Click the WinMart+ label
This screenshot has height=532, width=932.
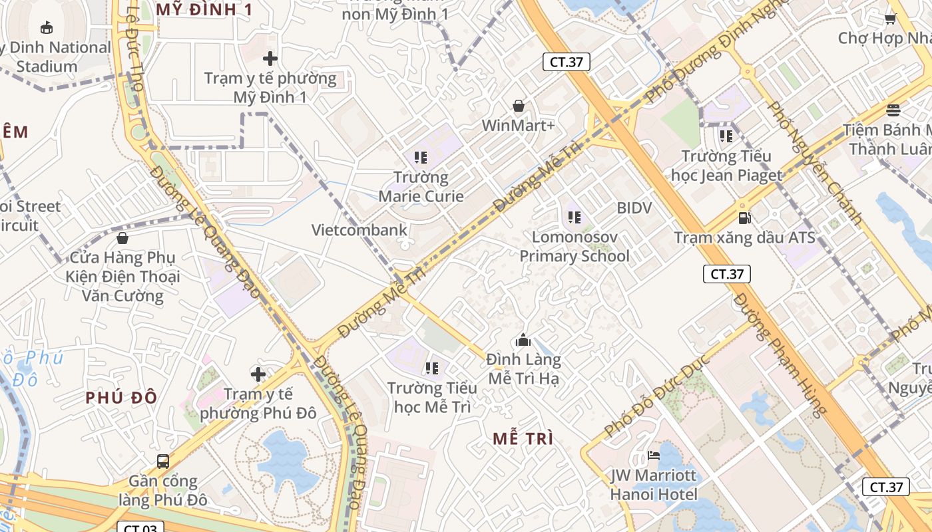pos(518,125)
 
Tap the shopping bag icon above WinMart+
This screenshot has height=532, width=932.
pos(519,106)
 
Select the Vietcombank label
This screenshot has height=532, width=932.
pos(359,230)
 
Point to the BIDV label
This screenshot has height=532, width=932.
pos(634,207)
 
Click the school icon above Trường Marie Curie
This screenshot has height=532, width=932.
pos(421,158)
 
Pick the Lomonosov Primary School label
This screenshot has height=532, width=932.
pos(574,246)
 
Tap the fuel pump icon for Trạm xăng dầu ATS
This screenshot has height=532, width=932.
pos(744,217)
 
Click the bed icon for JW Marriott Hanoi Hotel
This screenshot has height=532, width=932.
pos(654,456)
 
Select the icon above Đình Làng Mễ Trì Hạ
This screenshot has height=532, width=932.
pos(523,340)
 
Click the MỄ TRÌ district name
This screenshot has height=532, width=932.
pos(523,438)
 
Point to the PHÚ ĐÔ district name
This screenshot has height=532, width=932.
pos(121,398)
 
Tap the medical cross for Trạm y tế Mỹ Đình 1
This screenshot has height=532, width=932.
pos(270,59)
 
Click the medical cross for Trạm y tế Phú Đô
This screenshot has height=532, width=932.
pos(258,374)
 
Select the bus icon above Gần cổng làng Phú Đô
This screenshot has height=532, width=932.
pos(162,461)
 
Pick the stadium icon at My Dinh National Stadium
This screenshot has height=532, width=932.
pos(46,27)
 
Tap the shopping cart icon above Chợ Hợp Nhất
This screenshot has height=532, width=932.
pos(890,19)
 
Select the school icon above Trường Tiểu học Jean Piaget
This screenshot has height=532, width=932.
pos(726,136)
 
